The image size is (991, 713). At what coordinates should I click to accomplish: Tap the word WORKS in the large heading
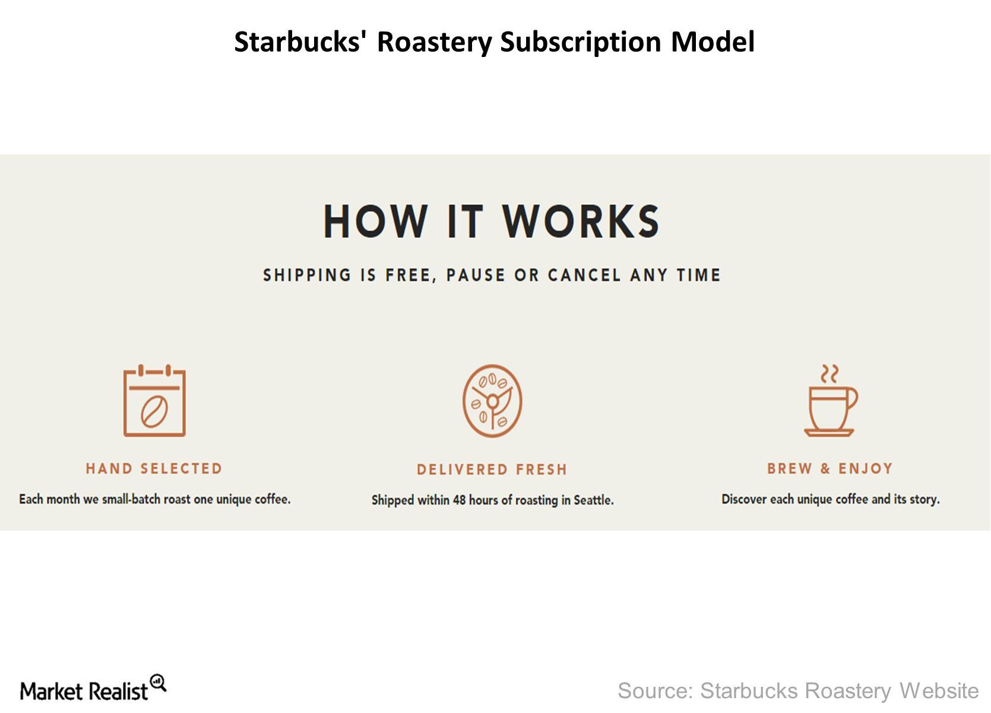(581, 221)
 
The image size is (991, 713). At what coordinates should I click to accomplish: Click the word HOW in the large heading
(376, 221)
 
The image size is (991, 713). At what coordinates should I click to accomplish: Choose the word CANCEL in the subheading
(584, 275)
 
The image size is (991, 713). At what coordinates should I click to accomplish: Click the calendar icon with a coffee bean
(154, 401)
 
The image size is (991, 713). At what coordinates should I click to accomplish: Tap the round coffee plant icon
(492, 401)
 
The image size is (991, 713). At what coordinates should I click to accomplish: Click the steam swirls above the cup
(829, 374)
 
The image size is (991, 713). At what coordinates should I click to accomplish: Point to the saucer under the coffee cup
(829, 433)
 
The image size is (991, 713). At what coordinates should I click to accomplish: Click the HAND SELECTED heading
(154, 468)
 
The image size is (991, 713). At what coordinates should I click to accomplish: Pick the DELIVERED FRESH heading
(492, 469)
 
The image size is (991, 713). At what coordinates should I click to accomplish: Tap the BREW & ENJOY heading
(830, 468)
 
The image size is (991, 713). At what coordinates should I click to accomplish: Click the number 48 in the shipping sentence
(459, 500)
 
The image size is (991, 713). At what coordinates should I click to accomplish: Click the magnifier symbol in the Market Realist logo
(159, 683)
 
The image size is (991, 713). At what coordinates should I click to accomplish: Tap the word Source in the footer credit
(655, 691)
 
